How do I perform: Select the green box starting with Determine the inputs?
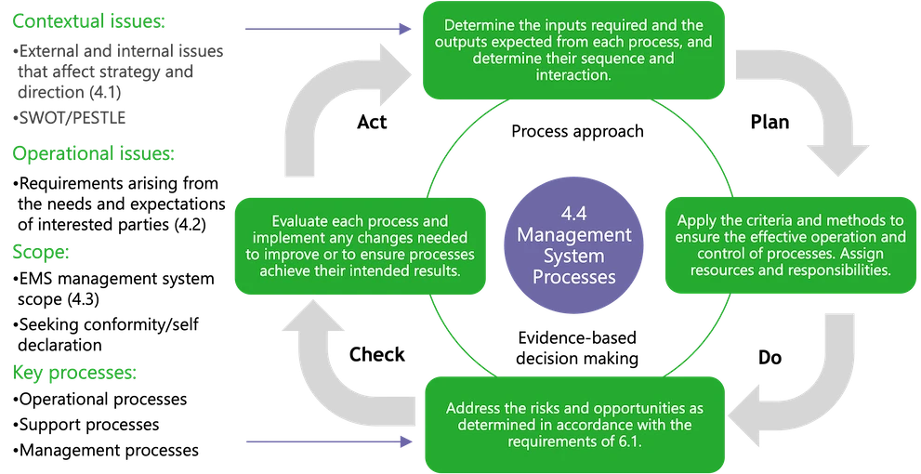click(x=573, y=50)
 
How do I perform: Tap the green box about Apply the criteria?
click(x=791, y=245)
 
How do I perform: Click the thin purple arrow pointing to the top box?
click(x=325, y=28)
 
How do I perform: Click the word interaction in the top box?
click(x=573, y=75)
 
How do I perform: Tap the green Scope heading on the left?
click(x=41, y=252)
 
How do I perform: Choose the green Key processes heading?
click(x=74, y=373)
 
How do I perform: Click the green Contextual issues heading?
click(x=88, y=20)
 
